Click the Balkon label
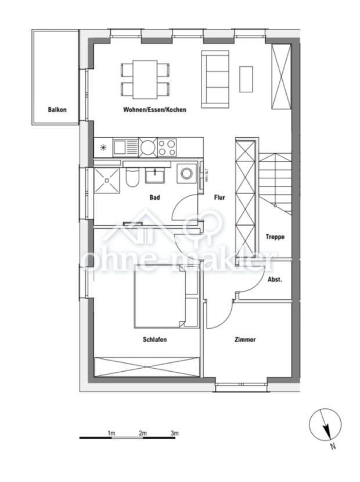57,110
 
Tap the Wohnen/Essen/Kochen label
154,109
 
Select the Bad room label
154,198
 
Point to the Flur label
219,198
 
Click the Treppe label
275,236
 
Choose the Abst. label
274,280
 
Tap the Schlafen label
155,340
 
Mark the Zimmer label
245,340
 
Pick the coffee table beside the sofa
246,78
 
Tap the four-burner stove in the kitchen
167,147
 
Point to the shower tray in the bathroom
107,180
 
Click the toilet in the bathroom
131,178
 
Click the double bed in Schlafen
160,296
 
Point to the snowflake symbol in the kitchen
103,147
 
